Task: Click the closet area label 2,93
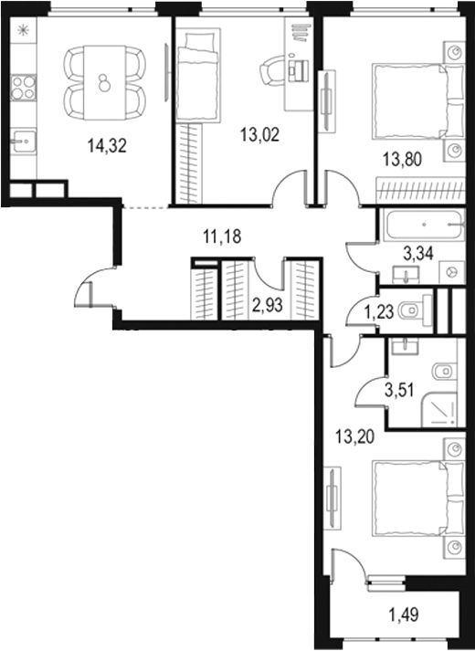pos(268,305)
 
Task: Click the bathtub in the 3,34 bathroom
pos(425,225)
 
